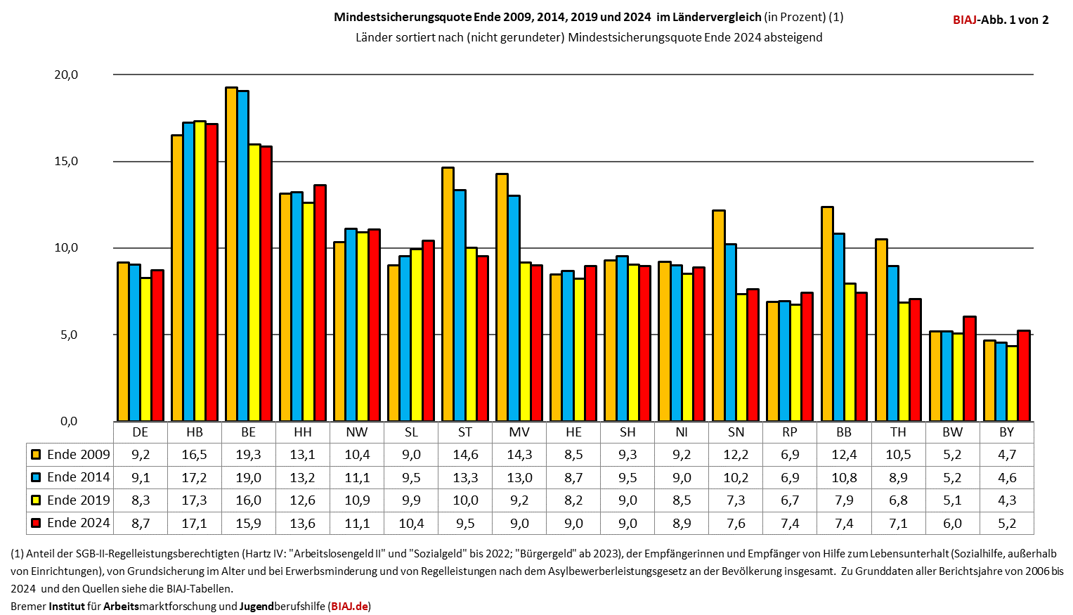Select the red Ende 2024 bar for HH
tap(320, 303)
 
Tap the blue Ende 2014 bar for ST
tap(460, 306)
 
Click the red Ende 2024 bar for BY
tap(1024, 376)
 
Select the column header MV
tap(519, 432)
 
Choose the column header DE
tap(140, 432)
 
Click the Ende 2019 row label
tap(78, 500)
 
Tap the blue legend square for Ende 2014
tap(36, 478)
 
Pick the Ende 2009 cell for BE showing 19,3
tap(248, 455)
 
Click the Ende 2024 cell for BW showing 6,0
tap(952, 523)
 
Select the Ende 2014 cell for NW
tap(357, 478)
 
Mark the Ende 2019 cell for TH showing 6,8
tap(898, 500)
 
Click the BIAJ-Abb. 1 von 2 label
tap(1000, 20)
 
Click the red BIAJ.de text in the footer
tap(349, 606)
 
